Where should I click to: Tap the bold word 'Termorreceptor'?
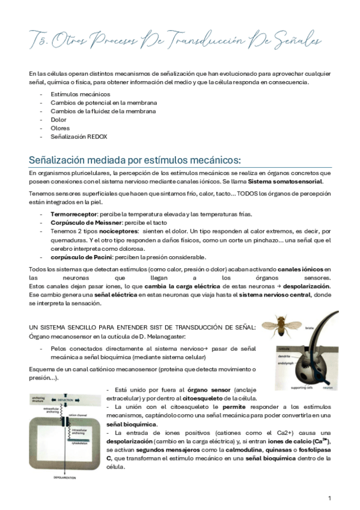72,215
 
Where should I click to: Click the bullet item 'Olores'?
60,128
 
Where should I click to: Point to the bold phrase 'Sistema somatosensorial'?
285,182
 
